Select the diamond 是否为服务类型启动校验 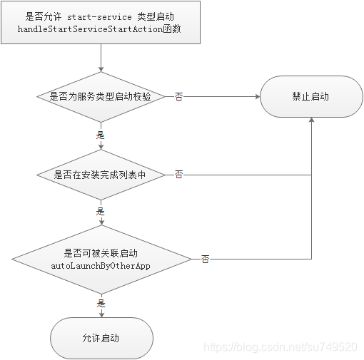point(101,96)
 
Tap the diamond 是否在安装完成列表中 point(101,174)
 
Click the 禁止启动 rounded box point(310,96)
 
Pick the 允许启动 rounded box point(101,337)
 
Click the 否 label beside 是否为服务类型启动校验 point(178,96)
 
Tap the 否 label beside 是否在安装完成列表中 point(178,174)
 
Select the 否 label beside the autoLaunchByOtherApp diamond point(205,259)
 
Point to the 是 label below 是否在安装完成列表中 point(101,211)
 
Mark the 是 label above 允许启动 point(101,303)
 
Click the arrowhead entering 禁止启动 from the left point(256,96)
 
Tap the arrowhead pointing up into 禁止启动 point(311,121)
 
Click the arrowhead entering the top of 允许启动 point(101,313)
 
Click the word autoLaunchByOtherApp point(101,265)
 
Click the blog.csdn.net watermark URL point(280,346)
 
